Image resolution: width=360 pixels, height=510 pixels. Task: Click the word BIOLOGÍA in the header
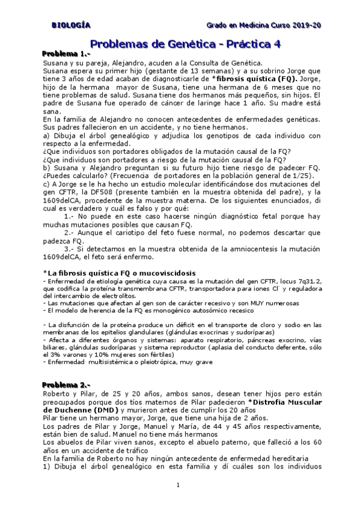(x=71, y=25)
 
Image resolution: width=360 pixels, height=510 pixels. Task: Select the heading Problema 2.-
(x=67, y=384)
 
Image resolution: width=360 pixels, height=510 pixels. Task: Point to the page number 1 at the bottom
(x=178, y=485)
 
